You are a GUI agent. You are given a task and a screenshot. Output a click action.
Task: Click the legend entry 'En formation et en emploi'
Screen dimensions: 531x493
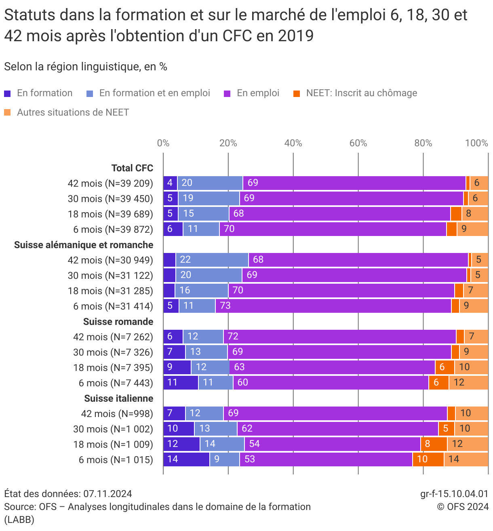coord(154,93)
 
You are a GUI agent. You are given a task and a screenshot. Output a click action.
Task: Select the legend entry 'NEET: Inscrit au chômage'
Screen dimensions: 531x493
coord(361,93)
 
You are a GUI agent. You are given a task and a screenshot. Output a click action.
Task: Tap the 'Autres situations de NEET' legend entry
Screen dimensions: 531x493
coord(73,113)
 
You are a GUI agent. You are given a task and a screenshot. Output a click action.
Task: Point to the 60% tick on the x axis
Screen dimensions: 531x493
coord(358,143)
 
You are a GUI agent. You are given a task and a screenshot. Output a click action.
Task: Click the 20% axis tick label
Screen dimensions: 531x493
coord(228,143)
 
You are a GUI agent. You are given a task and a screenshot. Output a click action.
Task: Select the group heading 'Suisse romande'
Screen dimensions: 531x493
coord(118,322)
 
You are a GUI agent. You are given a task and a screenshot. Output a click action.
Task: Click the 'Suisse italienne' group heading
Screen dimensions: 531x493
coord(118,398)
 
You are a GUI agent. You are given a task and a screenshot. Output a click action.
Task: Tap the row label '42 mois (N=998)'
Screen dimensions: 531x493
coord(117,414)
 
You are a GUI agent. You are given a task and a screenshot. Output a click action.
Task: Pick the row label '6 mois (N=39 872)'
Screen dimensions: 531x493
coord(113,230)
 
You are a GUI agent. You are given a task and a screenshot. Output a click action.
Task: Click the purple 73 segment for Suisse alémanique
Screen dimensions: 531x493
coord(333,306)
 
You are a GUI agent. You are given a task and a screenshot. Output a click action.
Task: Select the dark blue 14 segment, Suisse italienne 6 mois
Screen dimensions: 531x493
coord(186,459)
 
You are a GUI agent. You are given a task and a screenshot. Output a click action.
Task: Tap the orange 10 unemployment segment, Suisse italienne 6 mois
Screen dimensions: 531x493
coord(428,459)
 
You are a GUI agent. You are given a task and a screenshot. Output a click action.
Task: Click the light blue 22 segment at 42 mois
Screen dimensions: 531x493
coord(212,260)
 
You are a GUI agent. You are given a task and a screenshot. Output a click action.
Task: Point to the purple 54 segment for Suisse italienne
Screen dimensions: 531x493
coord(332,444)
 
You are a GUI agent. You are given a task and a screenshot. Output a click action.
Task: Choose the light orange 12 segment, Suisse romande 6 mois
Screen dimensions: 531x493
coord(468,383)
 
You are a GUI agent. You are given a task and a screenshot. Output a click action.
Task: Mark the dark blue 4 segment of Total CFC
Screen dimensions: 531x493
coord(170,183)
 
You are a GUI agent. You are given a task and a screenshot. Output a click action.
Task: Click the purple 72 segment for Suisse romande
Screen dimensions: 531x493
coord(339,337)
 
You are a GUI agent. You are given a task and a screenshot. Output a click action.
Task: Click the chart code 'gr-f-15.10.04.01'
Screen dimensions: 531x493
coord(454,494)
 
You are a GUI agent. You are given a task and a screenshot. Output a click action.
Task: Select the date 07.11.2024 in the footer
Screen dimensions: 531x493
coord(107,494)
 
